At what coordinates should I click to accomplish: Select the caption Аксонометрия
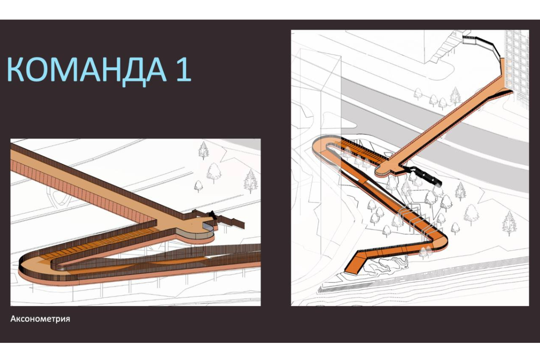[40, 319]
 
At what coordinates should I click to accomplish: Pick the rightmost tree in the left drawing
[251, 181]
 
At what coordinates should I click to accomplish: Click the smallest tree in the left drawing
[198, 186]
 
